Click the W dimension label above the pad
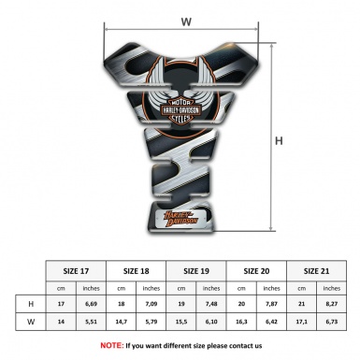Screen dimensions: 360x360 click(186, 19)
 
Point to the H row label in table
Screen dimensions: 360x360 click(32, 305)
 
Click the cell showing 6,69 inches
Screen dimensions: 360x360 click(91, 305)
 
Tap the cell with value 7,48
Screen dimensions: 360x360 click(211, 305)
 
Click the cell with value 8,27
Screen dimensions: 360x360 click(330, 305)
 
